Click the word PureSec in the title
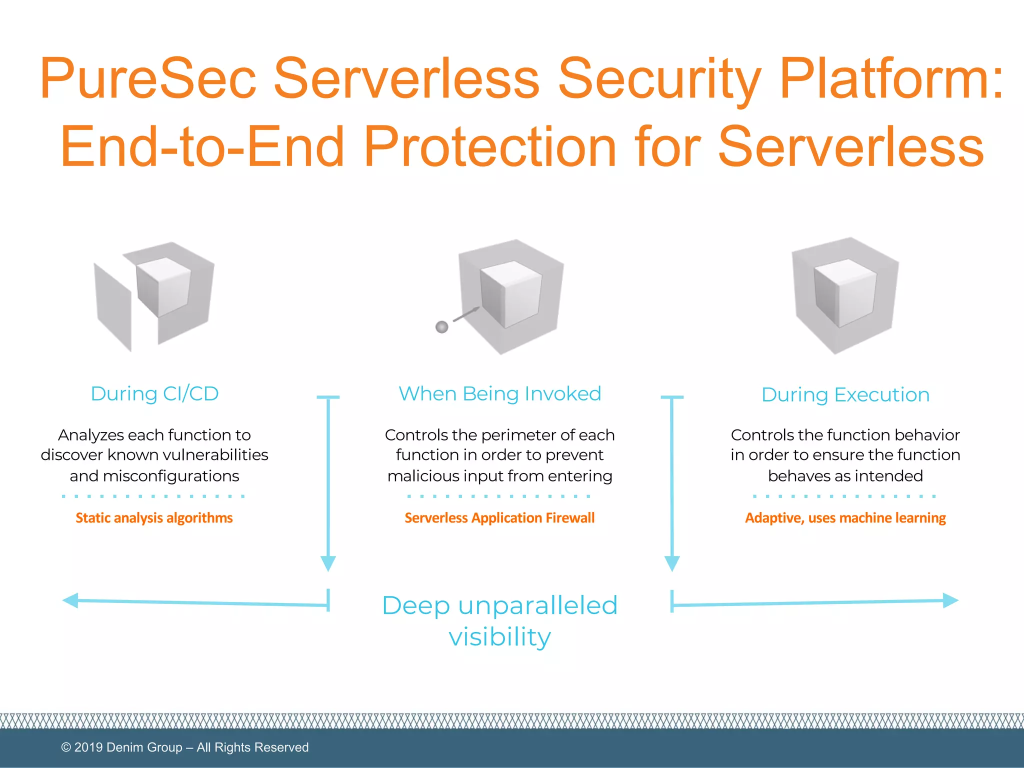[x=147, y=79]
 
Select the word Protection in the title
[x=490, y=147]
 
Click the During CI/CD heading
[x=154, y=394]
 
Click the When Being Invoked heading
[x=499, y=394]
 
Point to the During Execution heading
[x=845, y=395]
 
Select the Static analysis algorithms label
[x=154, y=518]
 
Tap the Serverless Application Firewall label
[x=499, y=518]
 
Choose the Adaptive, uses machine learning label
[x=845, y=518]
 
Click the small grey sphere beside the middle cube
[x=442, y=327]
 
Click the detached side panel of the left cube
[x=113, y=306]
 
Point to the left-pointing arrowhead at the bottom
[x=71, y=600]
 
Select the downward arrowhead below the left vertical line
[x=328, y=563]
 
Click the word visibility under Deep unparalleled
[x=499, y=637]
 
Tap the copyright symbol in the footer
[x=66, y=747]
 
